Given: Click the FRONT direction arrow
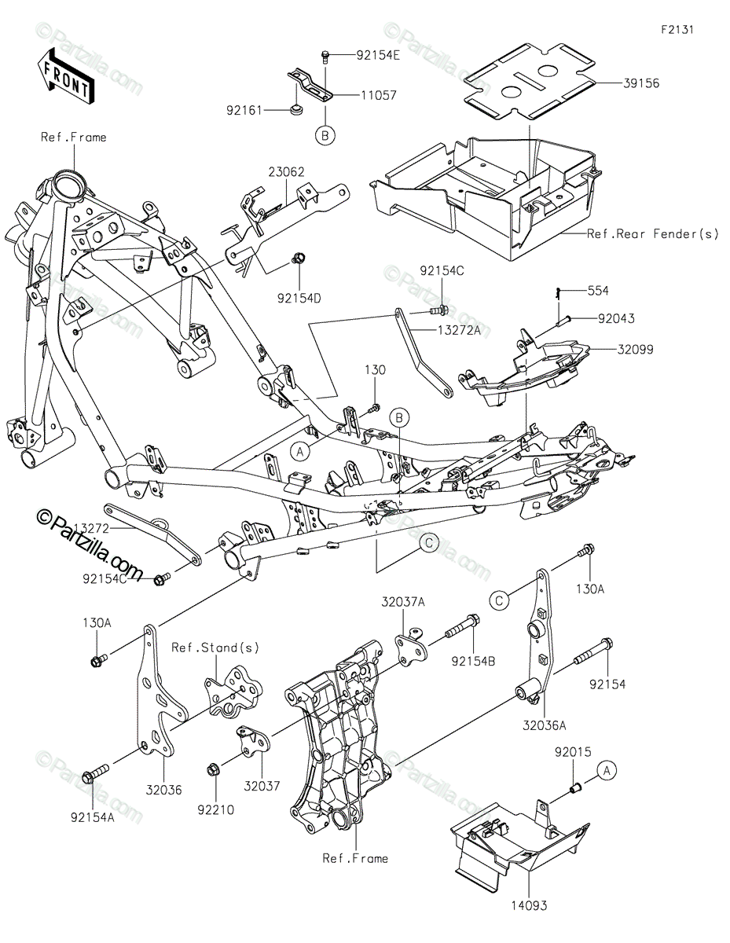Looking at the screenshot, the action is click(64, 75).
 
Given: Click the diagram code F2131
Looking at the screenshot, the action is click(677, 30).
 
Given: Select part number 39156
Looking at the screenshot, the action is click(641, 83).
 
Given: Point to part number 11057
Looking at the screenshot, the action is click(379, 95).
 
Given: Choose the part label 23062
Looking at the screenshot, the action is click(286, 172).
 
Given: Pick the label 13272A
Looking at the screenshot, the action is click(459, 330).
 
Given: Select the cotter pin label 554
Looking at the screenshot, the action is click(598, 291).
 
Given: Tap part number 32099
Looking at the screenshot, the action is click(635, 350).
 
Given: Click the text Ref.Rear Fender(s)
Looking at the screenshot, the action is click(652, 234).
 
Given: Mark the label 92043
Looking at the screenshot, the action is click(616, 318).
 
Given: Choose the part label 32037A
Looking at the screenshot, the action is click(403, 602).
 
